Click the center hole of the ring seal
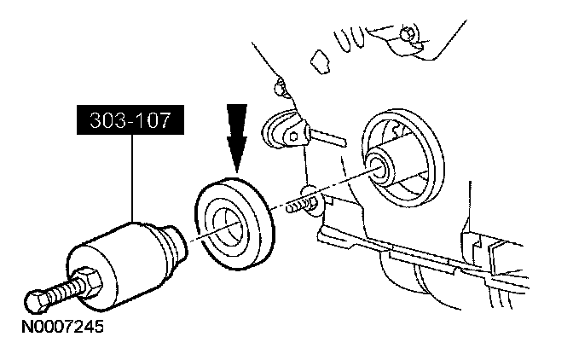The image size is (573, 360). point(229,226)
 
